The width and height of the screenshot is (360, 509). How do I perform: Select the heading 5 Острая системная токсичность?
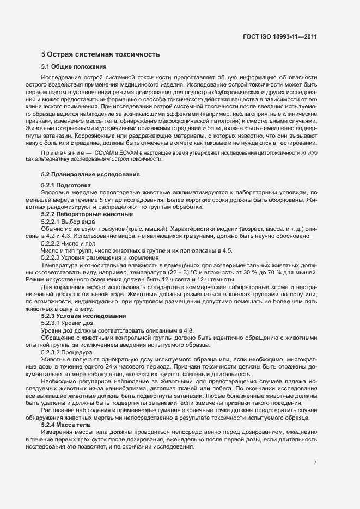click(x=100, y=54)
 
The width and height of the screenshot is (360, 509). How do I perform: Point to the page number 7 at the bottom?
click(x=315, y=462)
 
